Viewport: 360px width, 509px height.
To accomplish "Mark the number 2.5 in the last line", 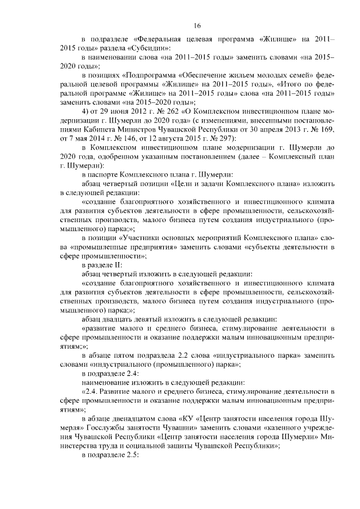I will pos(130,462).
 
